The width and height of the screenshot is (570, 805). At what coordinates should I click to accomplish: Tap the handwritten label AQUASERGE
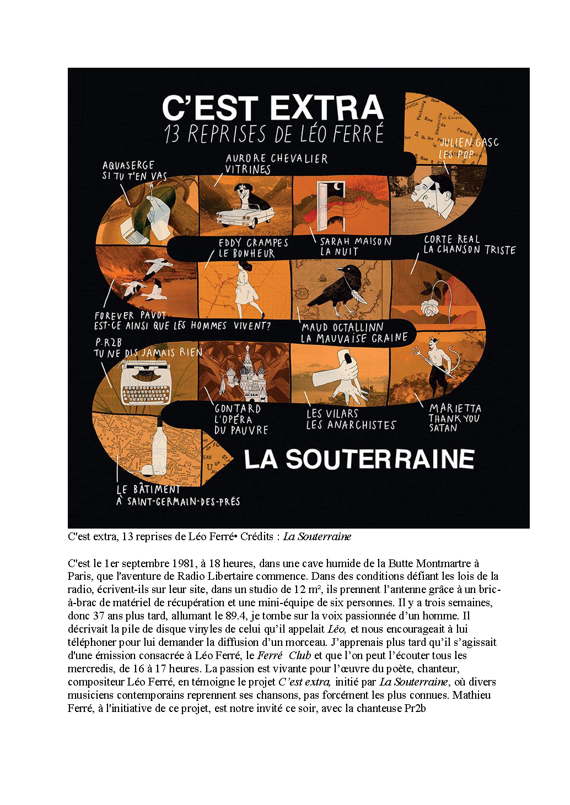[128, 165]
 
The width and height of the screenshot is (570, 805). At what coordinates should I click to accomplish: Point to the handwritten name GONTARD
[238, 409]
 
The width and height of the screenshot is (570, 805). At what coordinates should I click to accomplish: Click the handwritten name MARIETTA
[455, 408]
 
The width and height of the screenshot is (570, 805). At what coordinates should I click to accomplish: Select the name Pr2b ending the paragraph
[415, 708]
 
